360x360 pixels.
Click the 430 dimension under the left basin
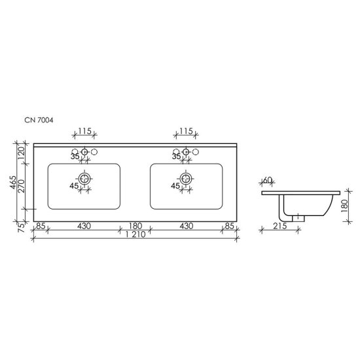pos(84,226)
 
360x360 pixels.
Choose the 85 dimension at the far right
pos(230,226)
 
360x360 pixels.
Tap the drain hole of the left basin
pos(84,177)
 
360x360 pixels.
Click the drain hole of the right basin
pos(186,177)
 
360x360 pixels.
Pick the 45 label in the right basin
pos(175,186)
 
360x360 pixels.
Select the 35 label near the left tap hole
pos(74,156)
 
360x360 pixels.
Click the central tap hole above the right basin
pos(186,152)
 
